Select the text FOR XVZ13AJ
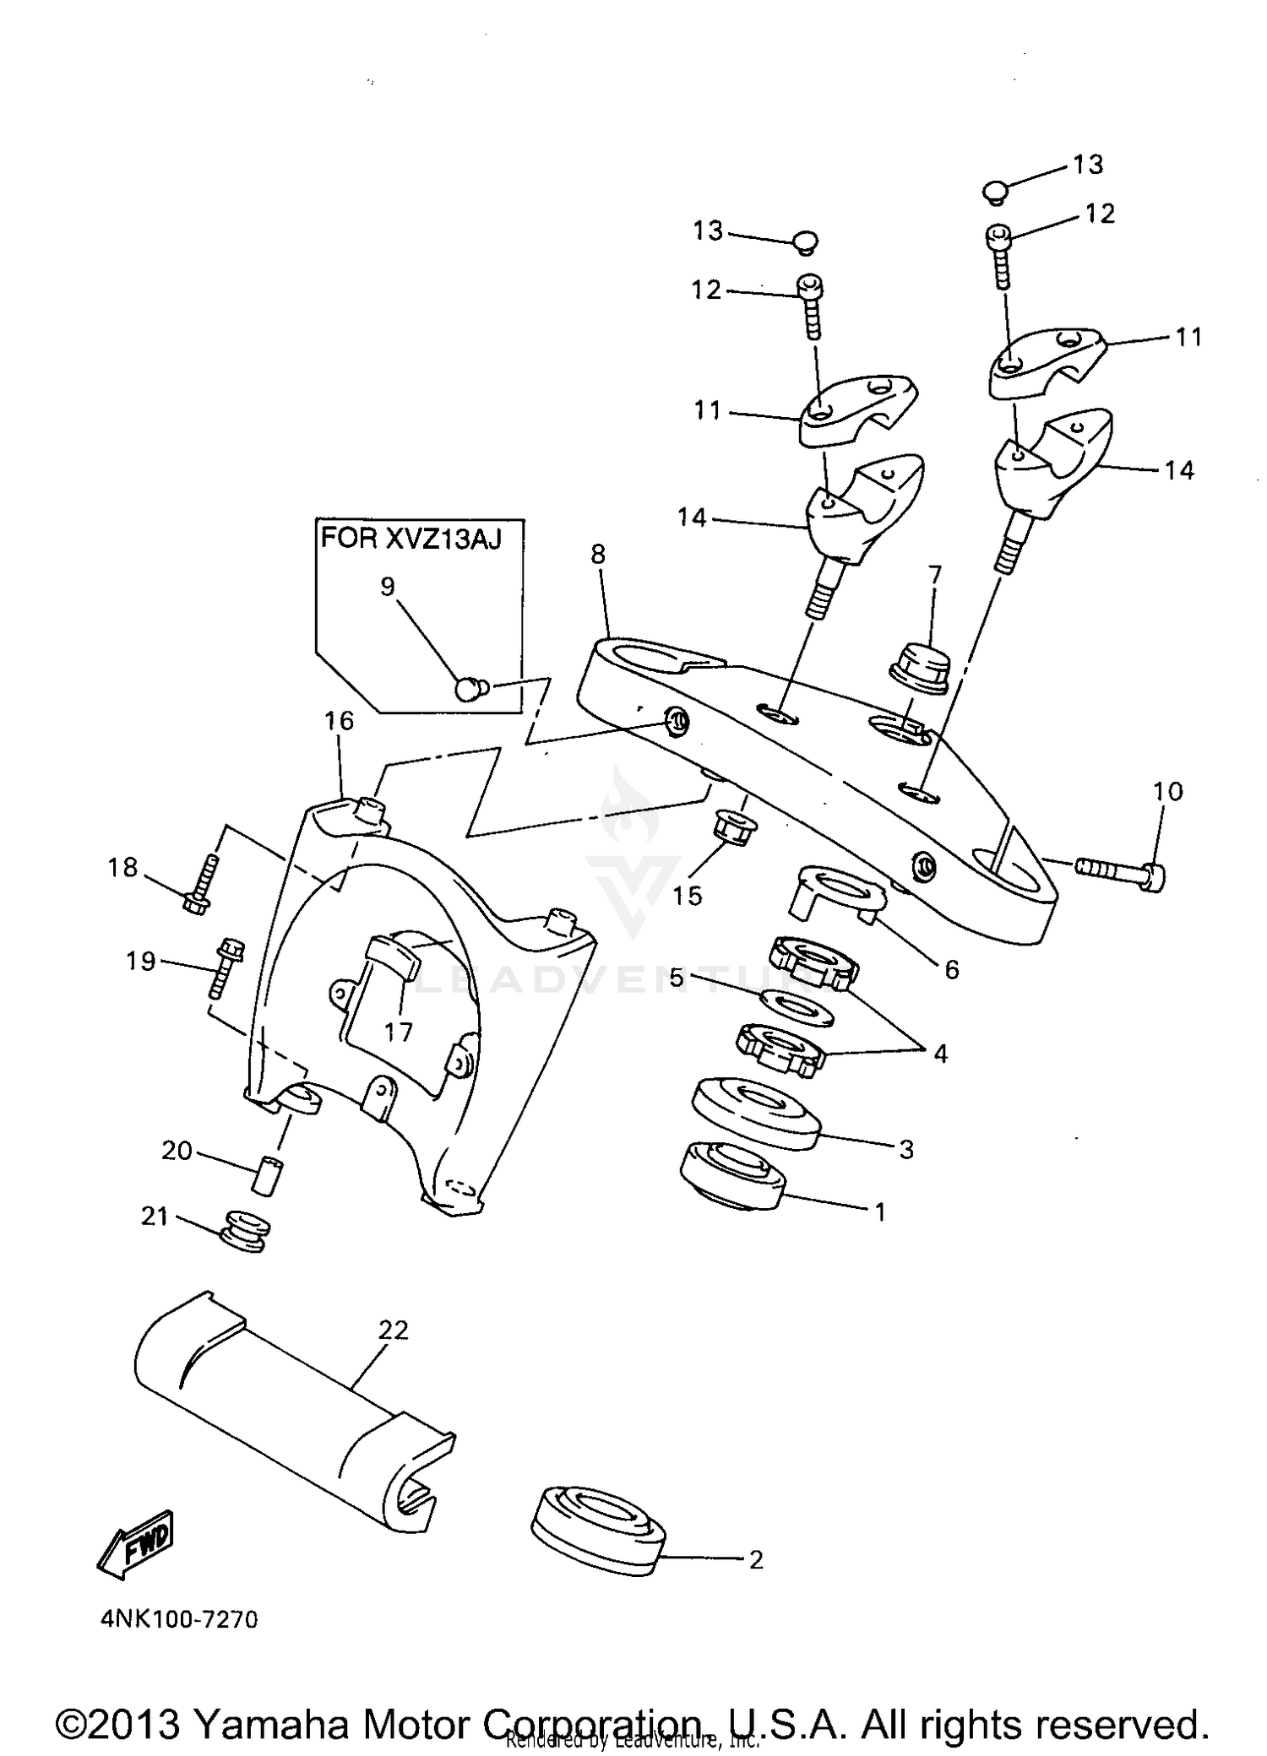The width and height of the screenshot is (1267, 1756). click(x=411, y=539)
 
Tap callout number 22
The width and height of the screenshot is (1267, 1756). click(x=394, y=1330)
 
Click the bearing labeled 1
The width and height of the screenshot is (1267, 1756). click(x=732, y=1175)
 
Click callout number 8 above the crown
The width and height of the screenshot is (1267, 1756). click(x=598, y=555)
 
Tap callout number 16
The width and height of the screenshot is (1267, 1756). click(x=339, y=720)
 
